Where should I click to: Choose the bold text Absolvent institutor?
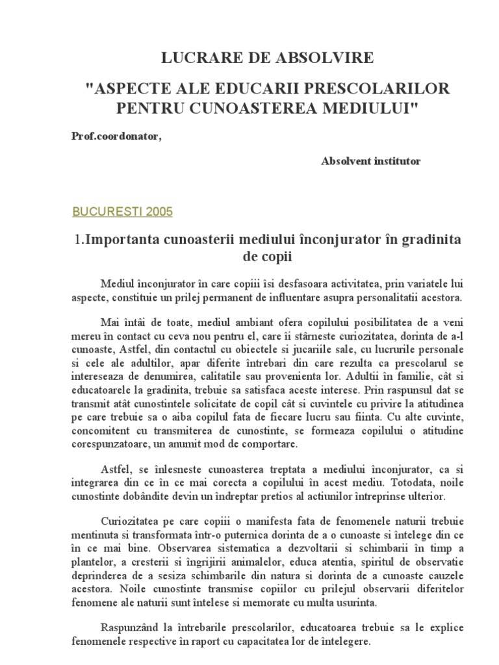point(370,161)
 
